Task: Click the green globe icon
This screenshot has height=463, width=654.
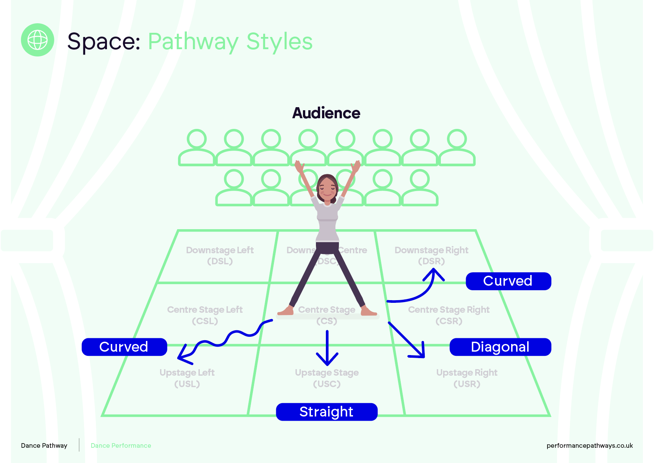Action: (37, 40)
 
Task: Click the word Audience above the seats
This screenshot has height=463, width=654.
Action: (326, 113)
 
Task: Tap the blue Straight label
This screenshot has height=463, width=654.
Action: (327, 412)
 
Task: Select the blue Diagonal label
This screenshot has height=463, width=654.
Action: (500, 347)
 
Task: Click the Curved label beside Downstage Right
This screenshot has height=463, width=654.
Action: (508, 281)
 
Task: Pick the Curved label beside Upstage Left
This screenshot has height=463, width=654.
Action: (124, 347)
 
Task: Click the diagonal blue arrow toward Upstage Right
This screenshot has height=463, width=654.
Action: (407, 340)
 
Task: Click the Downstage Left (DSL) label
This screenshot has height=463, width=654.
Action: (220, 256)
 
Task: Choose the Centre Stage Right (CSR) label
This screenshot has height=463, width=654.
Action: (449, 315)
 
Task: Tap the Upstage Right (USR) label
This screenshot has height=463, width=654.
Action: (467, 378)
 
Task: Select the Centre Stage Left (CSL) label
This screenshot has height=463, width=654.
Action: (205, 315)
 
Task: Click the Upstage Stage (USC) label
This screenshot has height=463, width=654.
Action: (327, 378)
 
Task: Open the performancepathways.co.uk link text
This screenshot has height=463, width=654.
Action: (589, 445)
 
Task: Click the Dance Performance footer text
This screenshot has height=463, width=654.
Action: (121, 445)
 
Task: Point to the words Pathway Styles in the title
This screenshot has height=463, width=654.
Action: (230, 42)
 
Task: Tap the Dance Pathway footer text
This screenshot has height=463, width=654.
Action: (44, 445)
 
